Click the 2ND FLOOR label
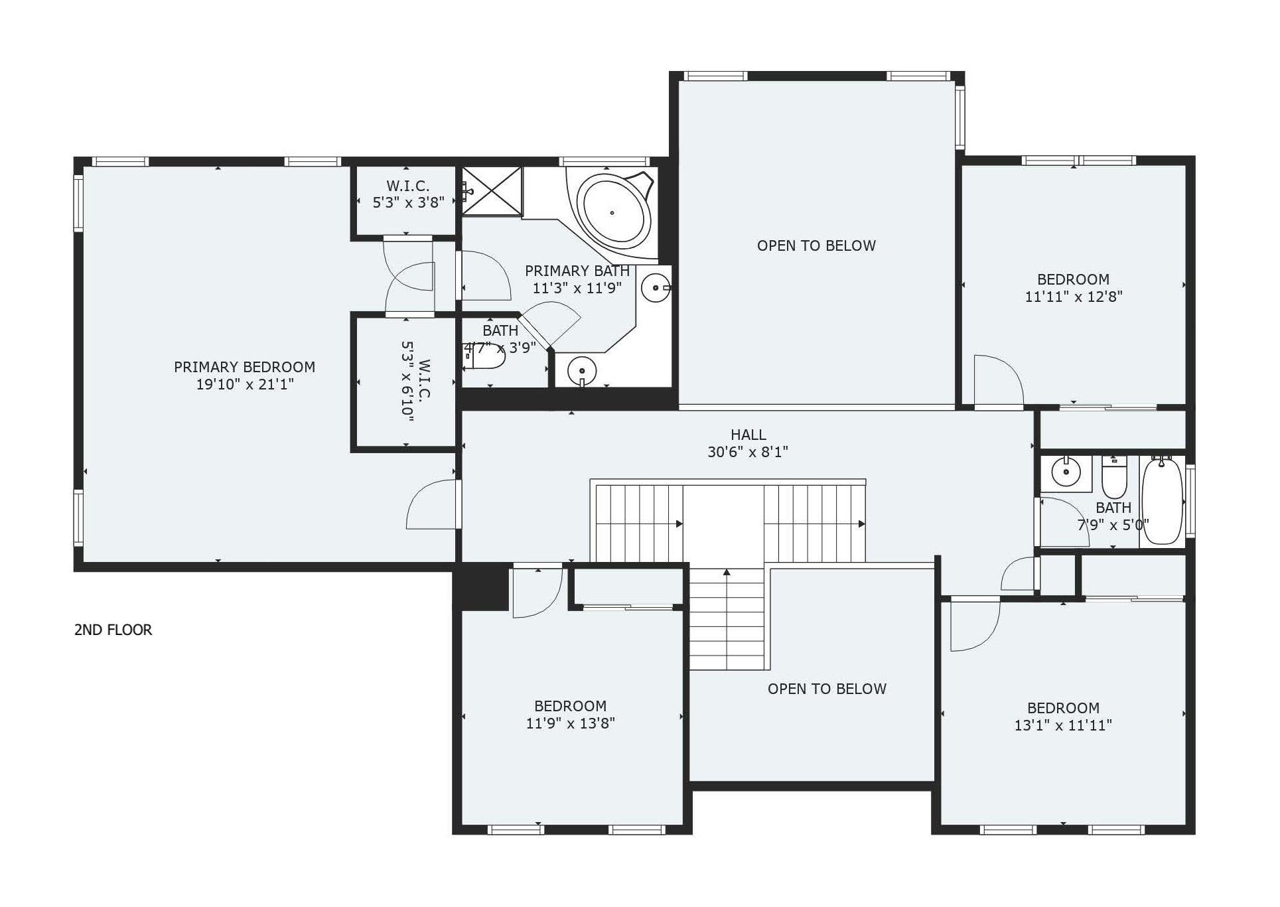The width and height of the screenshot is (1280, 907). [113, 630]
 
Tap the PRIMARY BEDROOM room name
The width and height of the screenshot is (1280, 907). [244, 367]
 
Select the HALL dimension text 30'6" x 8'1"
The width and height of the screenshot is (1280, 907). [748, 453]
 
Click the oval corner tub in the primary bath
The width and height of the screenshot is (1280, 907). [612, 212]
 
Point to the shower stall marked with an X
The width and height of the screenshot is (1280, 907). [492, 191]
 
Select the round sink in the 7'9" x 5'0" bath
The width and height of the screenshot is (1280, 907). [1066, 472]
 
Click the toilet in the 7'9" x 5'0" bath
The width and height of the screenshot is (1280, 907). [1114, 476]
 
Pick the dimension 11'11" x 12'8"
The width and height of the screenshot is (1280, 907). [1073, 297]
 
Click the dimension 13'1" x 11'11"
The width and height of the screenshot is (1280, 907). [1063, 726]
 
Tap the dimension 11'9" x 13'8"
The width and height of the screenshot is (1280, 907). [570, 724]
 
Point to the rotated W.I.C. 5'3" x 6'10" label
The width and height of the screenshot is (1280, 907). [416, 382]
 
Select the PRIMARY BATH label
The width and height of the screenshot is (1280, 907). [577, 271]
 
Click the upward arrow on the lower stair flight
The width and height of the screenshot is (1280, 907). [727, 572]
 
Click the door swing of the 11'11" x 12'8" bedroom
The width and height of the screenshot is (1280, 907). [999, 380]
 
